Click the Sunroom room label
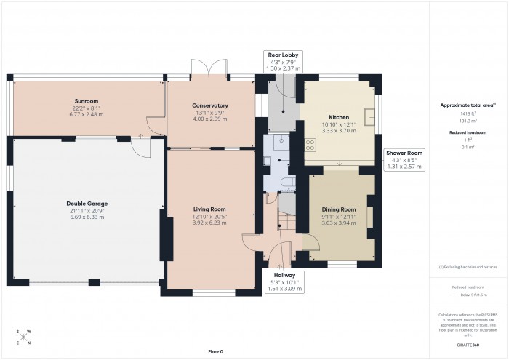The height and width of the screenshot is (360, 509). point(86,101)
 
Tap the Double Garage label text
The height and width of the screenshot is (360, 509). point(87,204)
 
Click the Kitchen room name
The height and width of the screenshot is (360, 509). point(339,117)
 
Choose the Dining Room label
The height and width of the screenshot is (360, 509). point(339,209)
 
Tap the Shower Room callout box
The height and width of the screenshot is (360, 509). point(405,159)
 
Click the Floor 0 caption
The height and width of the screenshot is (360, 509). point(215,351)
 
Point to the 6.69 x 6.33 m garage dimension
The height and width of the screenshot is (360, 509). point(87,217)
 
